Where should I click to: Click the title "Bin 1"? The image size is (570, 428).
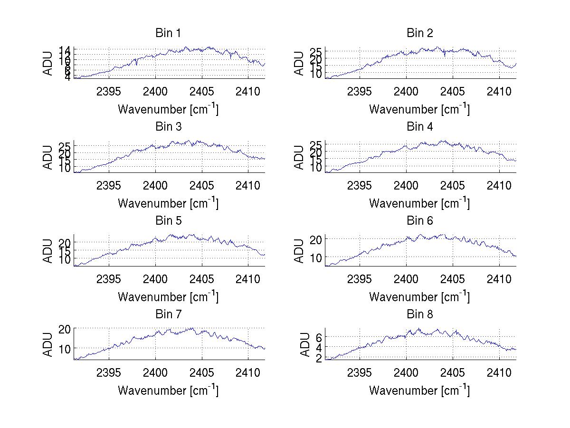point(168,33)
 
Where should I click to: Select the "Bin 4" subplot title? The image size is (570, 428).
point(419,127)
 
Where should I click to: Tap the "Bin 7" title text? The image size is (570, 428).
point(168,314)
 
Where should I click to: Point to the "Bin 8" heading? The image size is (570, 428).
point(419,314)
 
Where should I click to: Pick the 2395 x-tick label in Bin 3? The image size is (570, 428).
point(109,185)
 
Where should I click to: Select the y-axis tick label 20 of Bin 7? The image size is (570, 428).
point(65,329)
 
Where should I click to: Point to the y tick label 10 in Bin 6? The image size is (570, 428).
point(316,257)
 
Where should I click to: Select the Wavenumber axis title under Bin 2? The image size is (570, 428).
point(419,110)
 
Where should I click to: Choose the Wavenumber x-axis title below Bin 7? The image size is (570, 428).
point(168,391)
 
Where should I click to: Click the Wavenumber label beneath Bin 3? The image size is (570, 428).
point(168,204)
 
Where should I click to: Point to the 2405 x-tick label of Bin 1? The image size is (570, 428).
point(201,91)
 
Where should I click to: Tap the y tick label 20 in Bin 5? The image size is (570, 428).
point(65,242)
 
